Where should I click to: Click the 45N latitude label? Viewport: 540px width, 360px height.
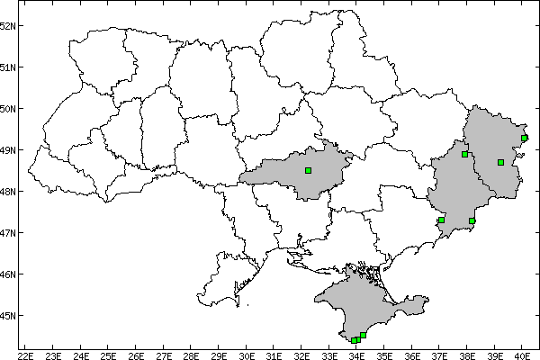(x=8, y=316)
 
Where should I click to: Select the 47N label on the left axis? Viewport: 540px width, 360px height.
(x=8, y=233)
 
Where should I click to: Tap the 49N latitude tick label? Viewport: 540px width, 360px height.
(x=8, y=150)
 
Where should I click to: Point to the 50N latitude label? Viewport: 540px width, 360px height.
(x=8, y=109)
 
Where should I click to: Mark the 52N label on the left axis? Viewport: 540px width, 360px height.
(x=8, y=25)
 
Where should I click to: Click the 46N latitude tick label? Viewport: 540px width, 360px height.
(x=8, y=274)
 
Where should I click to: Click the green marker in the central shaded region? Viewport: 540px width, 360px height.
(x=308, y=170)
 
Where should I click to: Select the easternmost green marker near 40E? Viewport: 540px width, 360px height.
(x=524, y=138)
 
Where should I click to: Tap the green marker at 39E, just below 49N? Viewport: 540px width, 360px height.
(x=500, y=162)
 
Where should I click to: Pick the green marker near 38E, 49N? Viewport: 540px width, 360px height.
(x=464, y=154)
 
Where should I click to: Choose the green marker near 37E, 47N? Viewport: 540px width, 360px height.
(x=441, y=220)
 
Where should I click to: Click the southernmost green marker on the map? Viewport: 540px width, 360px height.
(x=355, y=340)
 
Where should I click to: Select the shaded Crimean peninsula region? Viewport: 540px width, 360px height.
(x=360, y=301)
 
